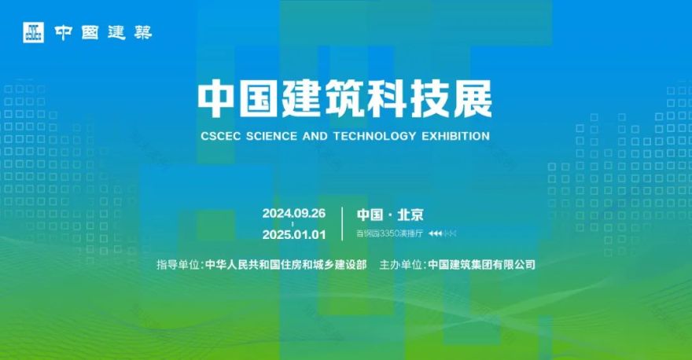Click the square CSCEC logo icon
[x=32, y=32]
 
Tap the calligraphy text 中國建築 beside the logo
[x=103, y=33]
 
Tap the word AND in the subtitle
[x=316, y=136]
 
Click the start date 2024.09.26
[x=294, y=214]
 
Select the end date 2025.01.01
[x=294, y=234]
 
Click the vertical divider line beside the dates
[x=343, y=223]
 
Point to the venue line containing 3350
[x=388, y=233]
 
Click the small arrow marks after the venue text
[x=442, y=233]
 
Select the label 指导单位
[x=179, y=265]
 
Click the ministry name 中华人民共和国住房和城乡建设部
[x=285, y=265]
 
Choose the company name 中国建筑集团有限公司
[x=481, y=265]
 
